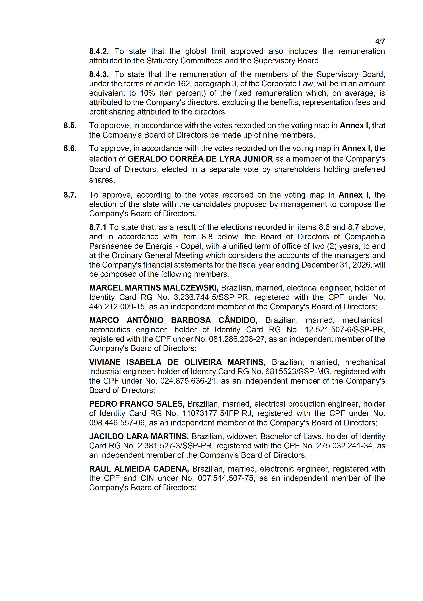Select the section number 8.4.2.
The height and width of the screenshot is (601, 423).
click(99, 51)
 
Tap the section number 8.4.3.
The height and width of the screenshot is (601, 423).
click(99, 75)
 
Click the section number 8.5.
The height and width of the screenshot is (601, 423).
click(70, 126)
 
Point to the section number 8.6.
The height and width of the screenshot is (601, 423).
click(70, 148)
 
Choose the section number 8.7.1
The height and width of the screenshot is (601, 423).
click(98, 227)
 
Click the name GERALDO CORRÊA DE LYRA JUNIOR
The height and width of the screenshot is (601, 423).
click(200, 159)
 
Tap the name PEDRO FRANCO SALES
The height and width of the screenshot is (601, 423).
click(137, 404)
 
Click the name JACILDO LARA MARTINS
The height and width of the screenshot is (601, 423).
click(139, 436)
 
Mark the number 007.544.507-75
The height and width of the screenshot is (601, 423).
click(226, 478)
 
